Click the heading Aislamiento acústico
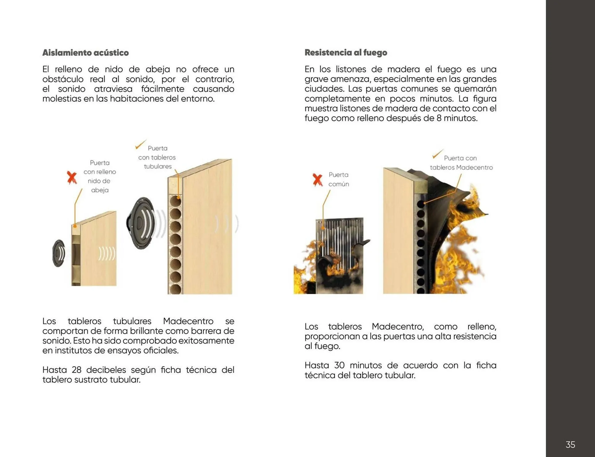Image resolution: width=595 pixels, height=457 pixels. [x=85, y=53]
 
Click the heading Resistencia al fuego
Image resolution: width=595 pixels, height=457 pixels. [x=346, y=53]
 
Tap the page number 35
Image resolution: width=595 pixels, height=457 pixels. [x=570, y=445]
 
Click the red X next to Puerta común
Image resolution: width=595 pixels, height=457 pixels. [x=317, y=180]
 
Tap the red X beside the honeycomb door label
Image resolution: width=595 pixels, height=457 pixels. [x=72, y=178]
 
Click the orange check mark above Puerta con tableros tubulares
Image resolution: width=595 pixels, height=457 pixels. [x=140, y=144]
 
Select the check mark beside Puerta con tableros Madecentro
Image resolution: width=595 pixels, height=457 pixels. [x=437, y=154]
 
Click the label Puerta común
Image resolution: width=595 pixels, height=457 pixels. [x=338, y=179]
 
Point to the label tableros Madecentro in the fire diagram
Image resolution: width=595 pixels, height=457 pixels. [x=461, y=168]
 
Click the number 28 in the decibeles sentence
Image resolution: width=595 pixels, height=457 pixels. [x=77, y=370]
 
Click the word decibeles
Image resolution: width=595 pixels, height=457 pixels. [x=106, y=370]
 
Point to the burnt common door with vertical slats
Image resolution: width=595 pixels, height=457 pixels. [x=339, y=254]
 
